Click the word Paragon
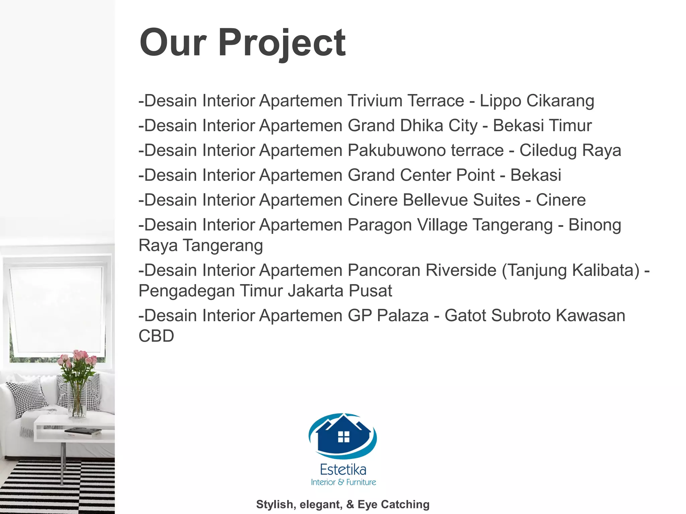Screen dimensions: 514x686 tap(380, 225)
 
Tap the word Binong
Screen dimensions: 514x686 tap(595, 225)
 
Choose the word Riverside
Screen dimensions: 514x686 tap(461, 270)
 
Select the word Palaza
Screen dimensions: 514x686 tap(403, 316)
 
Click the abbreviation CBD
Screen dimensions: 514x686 tap(156, 336)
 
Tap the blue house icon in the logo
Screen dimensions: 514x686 tap(343, 435)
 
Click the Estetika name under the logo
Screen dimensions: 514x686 tap(343, 470)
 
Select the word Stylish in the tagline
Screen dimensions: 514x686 tap(275, 504)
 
